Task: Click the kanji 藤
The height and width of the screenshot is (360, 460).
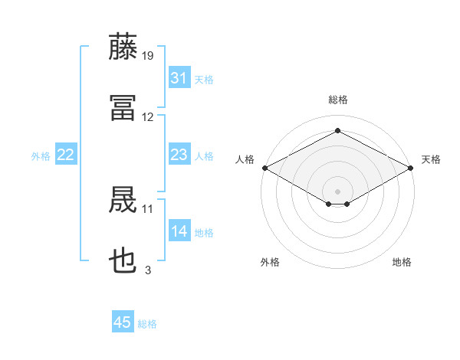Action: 123,46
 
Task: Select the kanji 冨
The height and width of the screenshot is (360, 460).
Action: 123,108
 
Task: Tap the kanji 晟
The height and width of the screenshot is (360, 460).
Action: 123,199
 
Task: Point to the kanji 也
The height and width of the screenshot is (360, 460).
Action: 123,260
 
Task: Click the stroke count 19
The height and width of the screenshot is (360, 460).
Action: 147,56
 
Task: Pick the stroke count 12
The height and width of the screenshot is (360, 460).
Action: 147,117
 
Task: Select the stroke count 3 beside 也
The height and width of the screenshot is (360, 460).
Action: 148,270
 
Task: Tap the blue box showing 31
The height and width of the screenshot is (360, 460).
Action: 179,77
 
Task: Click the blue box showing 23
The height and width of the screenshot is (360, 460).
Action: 179,154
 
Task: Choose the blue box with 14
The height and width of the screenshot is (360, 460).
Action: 179,230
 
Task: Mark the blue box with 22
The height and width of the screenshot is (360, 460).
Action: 66,154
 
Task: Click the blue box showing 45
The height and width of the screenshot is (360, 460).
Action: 123,321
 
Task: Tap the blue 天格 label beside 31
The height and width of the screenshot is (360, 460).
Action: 204,80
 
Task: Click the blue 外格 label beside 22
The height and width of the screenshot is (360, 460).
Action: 41,156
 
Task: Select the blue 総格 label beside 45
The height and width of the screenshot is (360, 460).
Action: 147,324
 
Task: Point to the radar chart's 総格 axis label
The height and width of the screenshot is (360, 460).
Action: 338,100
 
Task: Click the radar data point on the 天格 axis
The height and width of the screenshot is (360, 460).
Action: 411,168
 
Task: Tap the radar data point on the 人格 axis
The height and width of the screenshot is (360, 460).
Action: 265,168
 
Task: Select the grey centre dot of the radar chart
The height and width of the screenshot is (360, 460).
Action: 337,191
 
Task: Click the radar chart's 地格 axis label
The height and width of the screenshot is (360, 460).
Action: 402,262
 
